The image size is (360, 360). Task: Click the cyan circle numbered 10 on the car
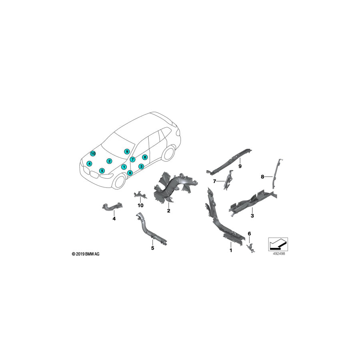[x=93, y=153]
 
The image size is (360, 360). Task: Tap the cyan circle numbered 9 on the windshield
[x=127, y=151]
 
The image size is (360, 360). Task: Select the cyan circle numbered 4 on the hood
[x=89, y=164]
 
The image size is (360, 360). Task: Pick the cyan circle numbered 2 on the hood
[x=110, y=161]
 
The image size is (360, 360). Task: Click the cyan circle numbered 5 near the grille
[x=102, y=170]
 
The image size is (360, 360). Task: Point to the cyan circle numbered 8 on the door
[x=145, y=157]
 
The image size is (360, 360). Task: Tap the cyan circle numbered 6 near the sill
[x=130, y=172]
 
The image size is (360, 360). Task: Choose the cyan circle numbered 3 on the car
[x=141, y=166]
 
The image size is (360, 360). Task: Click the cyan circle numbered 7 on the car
[x=132, y=159]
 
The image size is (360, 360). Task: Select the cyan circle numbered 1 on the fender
[x=124, y=167]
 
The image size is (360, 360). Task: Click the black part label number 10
[x=140, y=205]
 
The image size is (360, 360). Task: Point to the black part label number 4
[x=114, y=219]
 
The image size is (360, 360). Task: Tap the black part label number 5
[x=153, y=248]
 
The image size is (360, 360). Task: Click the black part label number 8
[x=262, y=177]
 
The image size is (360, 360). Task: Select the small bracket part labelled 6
[x=251, y=247]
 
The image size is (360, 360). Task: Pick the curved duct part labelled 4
[x=111, y=207]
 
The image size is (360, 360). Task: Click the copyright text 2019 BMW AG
[x=86, y=254]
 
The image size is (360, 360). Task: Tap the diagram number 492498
[x=279, y=254]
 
